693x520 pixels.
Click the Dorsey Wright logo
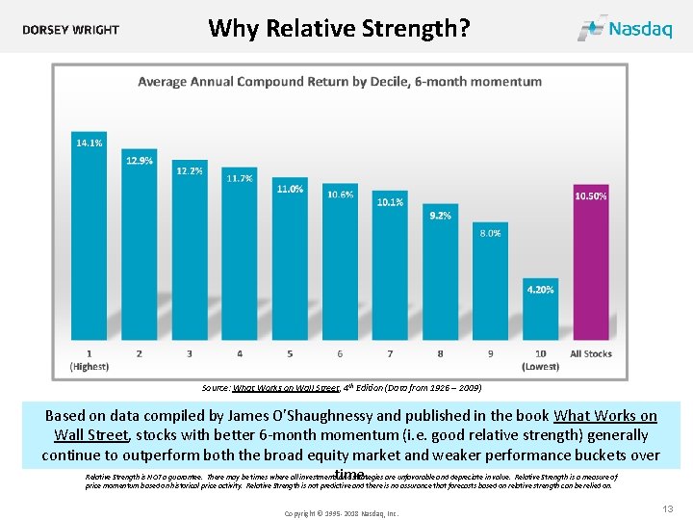[x=71, y=30]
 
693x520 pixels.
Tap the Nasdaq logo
[x=625, y=28]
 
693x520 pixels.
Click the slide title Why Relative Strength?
[x=339, y=28]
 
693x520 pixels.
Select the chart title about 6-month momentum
[x=339, y=82]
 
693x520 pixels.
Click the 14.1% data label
[x=90, y=143]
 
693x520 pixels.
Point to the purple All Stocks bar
[x=590, y=270]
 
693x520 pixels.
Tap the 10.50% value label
[x=590, y=195]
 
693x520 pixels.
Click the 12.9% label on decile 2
[x=140, y=161]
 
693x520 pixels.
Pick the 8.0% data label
[x=490, y=233]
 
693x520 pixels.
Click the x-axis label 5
[x=290, y=353]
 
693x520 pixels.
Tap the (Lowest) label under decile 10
[x=540, y=366]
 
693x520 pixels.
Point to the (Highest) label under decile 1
[x=90, y=366]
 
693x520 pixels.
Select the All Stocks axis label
[x=590, y=353]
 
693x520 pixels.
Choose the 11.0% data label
[x=290, y=189]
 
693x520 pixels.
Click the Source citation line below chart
[x=342, y=388]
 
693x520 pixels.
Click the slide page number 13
[x=668, y=507]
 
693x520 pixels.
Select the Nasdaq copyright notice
[x=341, y=513]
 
